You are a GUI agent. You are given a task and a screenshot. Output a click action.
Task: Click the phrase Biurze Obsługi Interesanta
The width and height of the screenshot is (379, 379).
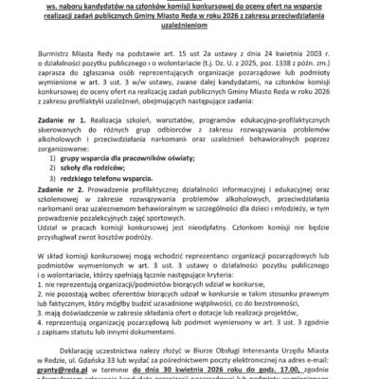coord(248,352)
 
